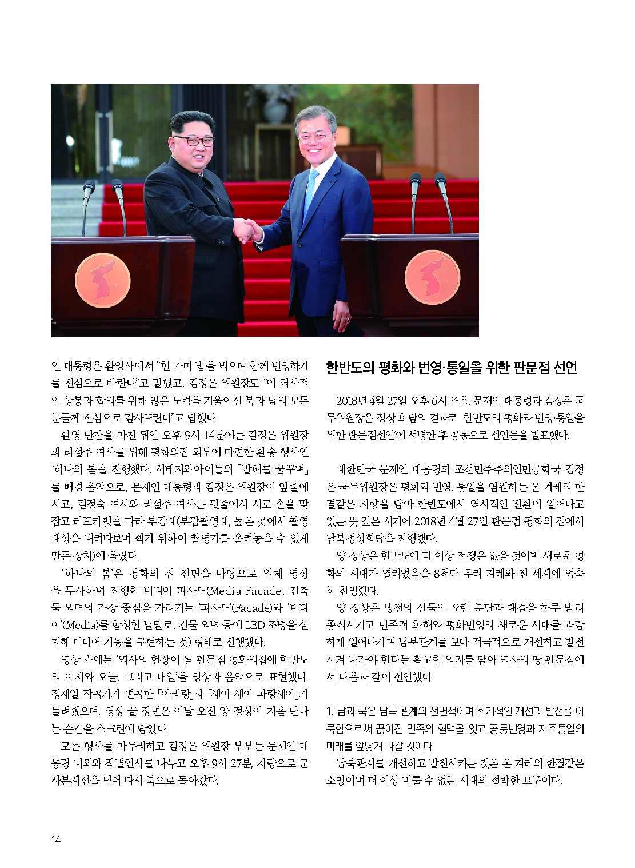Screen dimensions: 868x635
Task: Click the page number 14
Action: pos(56,839)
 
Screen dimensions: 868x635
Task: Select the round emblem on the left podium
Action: pos(103,280)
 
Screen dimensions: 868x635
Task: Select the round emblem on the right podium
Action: pos(432,278)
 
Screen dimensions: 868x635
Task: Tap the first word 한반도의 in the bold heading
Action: pos(350,367)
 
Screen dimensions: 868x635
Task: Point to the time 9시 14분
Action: pos(201,435)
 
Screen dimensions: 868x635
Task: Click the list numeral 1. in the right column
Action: pos(330,711)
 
